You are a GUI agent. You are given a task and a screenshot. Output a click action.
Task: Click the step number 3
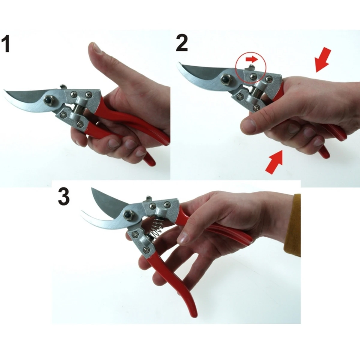pos(64,196)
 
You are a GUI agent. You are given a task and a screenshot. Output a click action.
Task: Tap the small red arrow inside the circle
pos(252,59)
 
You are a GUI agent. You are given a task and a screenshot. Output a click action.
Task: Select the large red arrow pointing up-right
pos(274,162)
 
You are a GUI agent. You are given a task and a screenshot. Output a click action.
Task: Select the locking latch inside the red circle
pos(250,67)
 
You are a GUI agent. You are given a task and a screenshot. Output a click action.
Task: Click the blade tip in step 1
pos(4,91)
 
